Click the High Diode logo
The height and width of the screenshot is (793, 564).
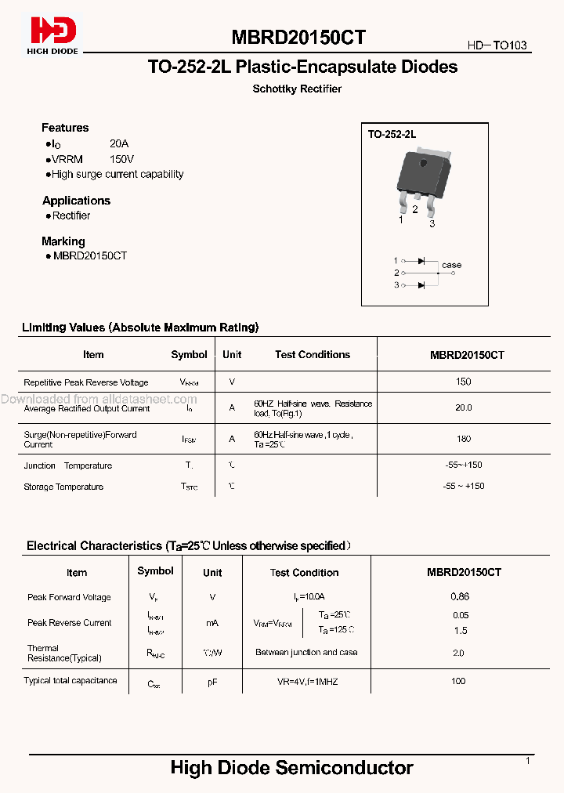[54, 35]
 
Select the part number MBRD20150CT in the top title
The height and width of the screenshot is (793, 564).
[298, 38]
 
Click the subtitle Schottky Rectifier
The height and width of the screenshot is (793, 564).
[297, 89]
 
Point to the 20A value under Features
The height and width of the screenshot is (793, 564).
[119, 144]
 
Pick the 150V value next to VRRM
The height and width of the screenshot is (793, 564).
[121, 159]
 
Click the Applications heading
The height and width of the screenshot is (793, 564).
[76, 201]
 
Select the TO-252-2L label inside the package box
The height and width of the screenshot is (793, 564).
[392, 135]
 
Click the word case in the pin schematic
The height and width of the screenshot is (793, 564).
[452, 265]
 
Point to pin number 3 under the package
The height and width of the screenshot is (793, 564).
[432, 224]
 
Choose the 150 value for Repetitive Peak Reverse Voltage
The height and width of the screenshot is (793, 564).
[464, 382]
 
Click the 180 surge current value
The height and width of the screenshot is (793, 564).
[464, 440]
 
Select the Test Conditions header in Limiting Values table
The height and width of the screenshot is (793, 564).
[312, 355]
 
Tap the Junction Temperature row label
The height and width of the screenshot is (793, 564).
[68, 465]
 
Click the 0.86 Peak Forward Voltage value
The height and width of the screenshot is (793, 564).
[460, 597]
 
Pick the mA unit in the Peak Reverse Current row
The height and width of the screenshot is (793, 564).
[212, 623]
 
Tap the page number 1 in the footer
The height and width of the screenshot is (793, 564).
[528, 761]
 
